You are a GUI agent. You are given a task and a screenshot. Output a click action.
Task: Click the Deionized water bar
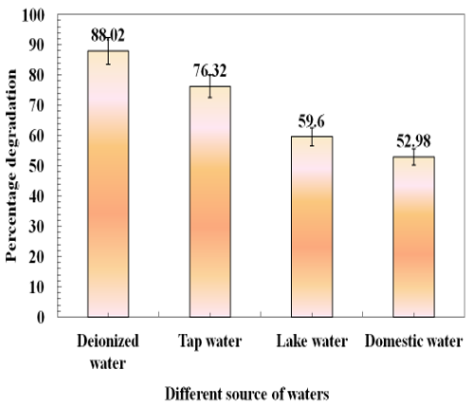pyautogui.click(x=108, y=184)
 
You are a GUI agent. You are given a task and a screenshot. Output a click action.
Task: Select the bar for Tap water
pyautogui.click(x=210, y=201)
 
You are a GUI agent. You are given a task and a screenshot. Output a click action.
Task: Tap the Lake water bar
pyautogui.click(x=312, y=227)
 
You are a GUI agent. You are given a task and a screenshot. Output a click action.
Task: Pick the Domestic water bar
pyautogui.click(x=413, y=236)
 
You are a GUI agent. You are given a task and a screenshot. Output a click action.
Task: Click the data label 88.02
pyautogui.click(x=108, y=35)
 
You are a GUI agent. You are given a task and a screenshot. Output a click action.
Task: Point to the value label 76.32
pyautogui.click(x=210, y=70)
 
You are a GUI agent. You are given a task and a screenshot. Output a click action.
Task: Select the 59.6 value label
pyautogui.click(x=312, y=121)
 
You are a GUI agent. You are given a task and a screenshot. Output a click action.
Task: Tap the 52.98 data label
pyautogui.click(x=413, y=141)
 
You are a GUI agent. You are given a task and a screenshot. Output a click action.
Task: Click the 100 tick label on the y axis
pyautogui.click(x=33, y=15)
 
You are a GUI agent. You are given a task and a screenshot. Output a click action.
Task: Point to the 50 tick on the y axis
pyautogui.click(x=37, y=166)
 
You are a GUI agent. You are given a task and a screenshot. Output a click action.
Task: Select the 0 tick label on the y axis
pyautogui.click(x=41, y=317)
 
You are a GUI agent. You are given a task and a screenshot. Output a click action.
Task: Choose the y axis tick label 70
pyautogui.click(x=37, y=105)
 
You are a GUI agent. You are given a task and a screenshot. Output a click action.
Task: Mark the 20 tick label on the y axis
pyautogui.click(x=37, y=256)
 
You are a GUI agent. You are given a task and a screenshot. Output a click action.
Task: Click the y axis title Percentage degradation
pyautogui.click(x=11, y=166)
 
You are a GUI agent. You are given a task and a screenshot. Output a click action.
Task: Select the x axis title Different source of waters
pyautogui.click(x=247, y=395)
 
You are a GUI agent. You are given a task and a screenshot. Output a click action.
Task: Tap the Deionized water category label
pyautogui.click(x=108, y=352)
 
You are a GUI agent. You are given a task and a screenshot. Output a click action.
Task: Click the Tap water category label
pyautogui.click(x=210, y=342)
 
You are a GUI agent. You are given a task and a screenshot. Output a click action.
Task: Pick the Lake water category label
pyautogui.click(x=312, y=342)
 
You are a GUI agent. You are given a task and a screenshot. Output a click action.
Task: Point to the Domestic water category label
pyautogui.click(x=413, y=342)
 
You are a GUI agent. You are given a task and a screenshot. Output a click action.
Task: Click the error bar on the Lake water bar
pyautogui.click(x=312, y=137)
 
